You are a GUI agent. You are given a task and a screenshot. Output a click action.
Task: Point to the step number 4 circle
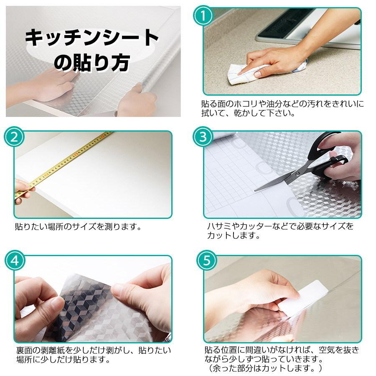(x=15, y=261)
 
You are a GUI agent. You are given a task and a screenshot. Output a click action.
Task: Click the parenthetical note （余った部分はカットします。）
(x=264, y=368)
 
